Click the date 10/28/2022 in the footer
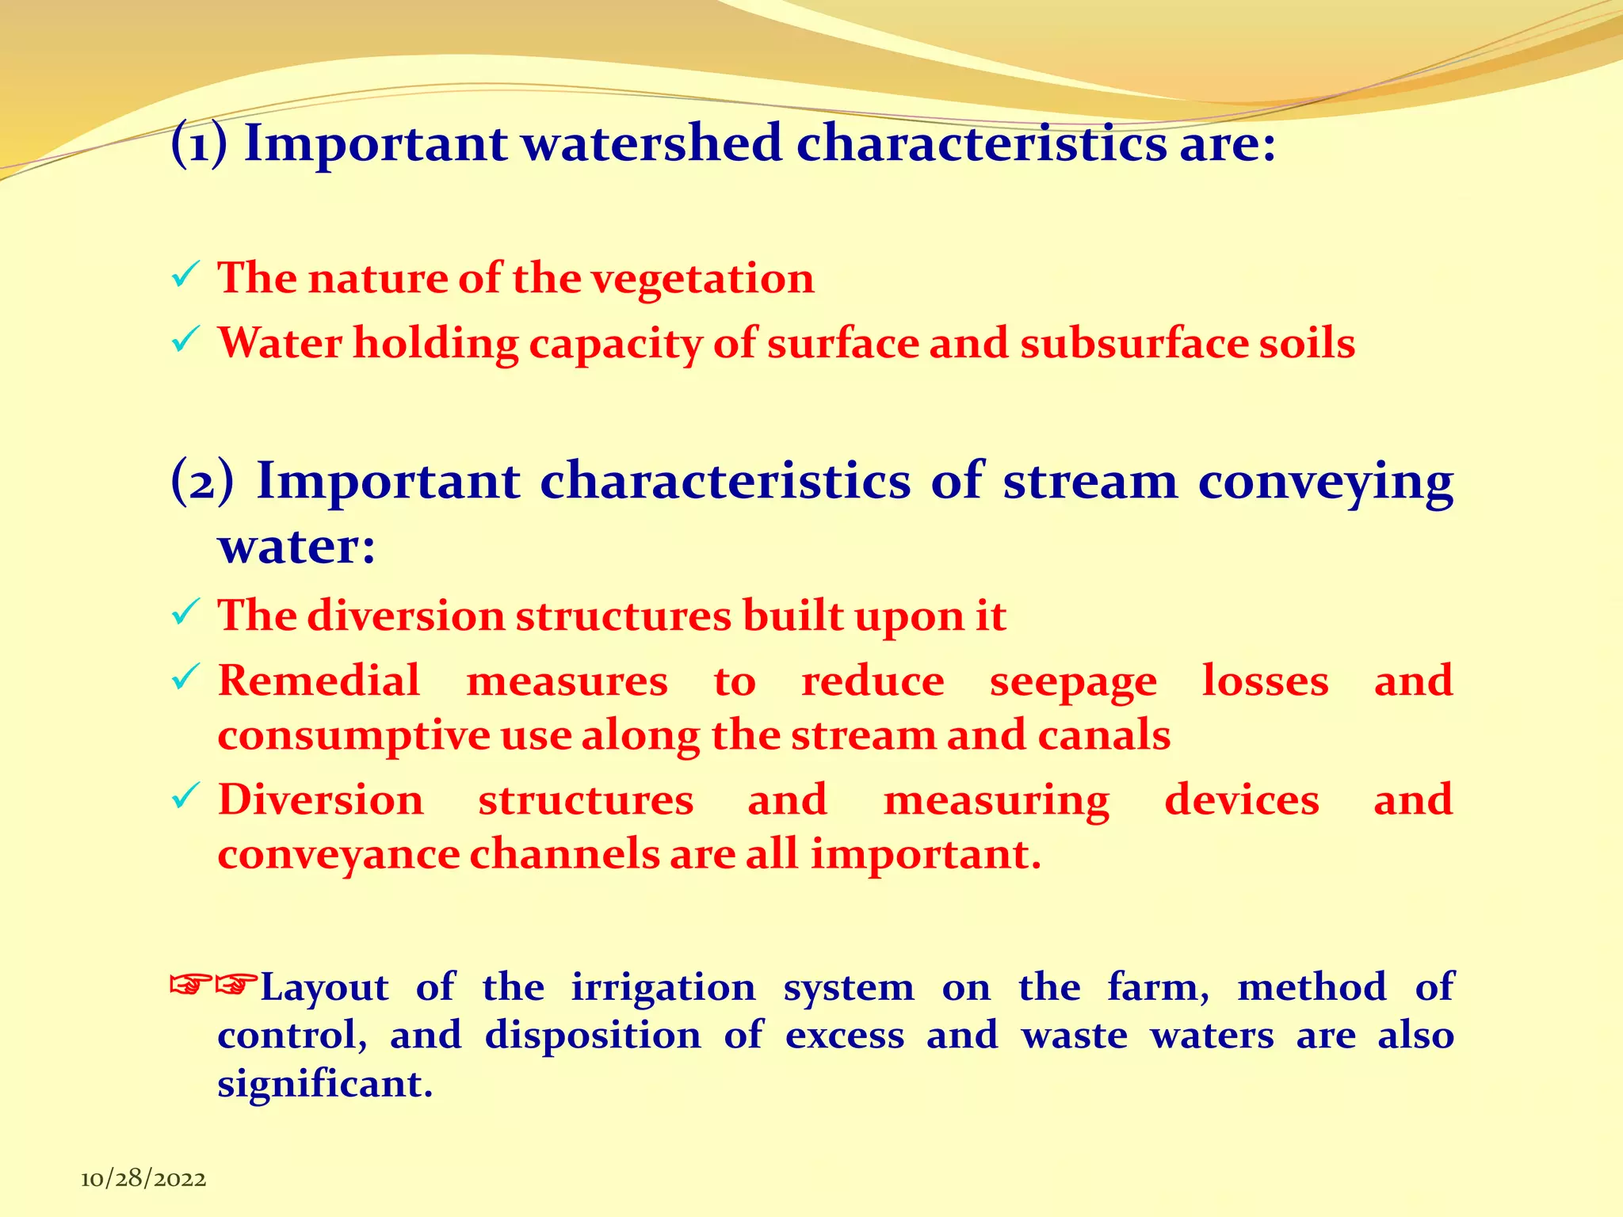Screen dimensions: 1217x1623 [x=143, y=1179]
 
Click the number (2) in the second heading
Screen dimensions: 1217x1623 [x=203, y=482]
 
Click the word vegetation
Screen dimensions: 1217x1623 [x=703, y=279]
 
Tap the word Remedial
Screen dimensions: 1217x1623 [x=319, y=681]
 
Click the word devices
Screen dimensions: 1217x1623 [x=1242, y=800]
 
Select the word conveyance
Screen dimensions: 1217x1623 [x=338, y=856]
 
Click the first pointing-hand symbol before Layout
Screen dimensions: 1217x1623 [x=191, y=985]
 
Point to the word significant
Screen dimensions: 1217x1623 [x=325, y=1084]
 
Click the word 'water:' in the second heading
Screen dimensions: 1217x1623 [x=296, y=547]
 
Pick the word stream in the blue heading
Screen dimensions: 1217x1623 [x=1090, y=482]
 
